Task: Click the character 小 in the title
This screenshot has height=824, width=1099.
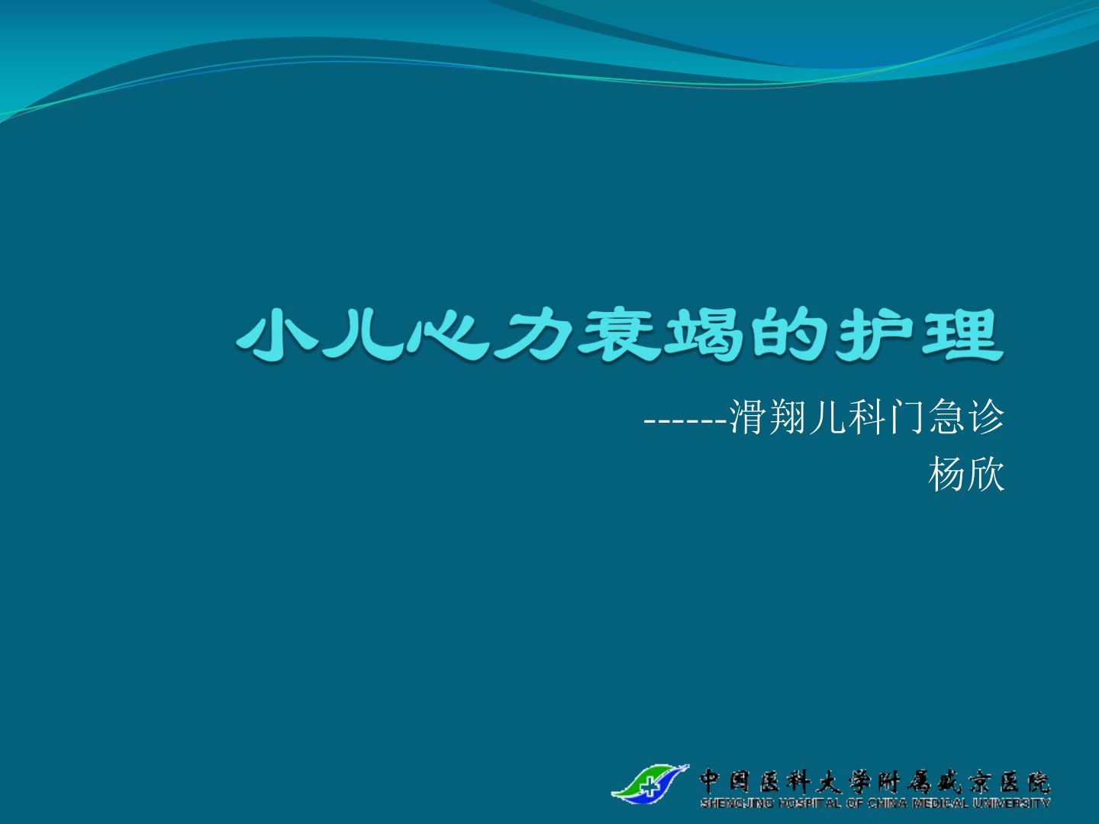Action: (x=277, y=335)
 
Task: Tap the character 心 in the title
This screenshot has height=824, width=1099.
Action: (x=447, y=335)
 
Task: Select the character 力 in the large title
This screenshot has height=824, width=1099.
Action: (x=533, y=335)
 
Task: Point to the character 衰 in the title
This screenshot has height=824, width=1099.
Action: (x=618, y=335)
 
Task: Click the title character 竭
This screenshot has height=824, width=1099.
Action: (x=705, y=335)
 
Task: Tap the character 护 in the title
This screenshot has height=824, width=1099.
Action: (x=876, y=335)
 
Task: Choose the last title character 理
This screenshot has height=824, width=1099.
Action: (x=962, y=335)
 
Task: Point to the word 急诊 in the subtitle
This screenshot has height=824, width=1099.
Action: (x=966, y=417)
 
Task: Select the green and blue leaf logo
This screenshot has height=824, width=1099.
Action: (x=650, y=784)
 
